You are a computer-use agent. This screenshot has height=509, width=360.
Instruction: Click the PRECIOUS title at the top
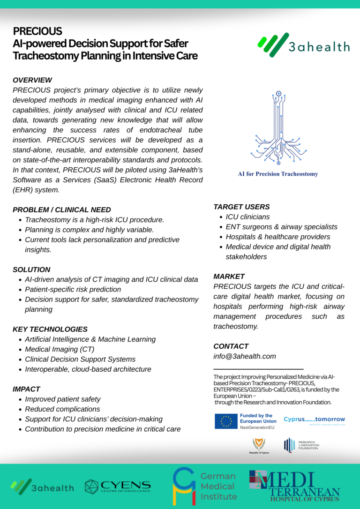(x=37, y=31)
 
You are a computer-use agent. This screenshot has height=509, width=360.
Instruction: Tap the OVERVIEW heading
(x=32, y=80)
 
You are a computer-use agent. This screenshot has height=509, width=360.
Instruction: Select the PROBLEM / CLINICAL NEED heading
(x=62, y=210)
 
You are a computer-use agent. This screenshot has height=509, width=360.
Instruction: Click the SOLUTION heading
(x=31, y=269)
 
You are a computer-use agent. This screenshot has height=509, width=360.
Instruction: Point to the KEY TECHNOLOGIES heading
(x=50, y=329)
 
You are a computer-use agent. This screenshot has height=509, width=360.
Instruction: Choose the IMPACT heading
(x=26, y=389)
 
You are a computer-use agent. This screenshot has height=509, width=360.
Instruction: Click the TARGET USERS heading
(x=241, y=207)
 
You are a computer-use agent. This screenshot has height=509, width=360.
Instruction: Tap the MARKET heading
(x=229, y=276)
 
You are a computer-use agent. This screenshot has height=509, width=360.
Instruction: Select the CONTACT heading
(x=231, y=346)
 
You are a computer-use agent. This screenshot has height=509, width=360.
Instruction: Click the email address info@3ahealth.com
(x=245, y=356)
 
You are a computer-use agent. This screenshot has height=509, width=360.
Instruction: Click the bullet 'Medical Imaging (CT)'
(x=60, y=349)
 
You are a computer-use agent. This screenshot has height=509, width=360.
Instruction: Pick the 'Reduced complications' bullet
(x=62, y=409)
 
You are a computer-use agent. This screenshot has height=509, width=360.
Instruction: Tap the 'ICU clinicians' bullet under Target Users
(x=247, y=217)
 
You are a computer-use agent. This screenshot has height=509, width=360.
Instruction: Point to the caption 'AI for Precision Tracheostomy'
(x=278, y=174)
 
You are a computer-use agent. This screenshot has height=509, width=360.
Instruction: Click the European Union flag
(x=226, y=421)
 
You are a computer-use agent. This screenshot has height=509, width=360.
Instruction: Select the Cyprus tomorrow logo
(x=314, y=420)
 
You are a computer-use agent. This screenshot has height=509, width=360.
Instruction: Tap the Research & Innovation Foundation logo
(x=301, y=445)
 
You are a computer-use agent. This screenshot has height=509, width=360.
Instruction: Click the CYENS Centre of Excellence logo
(x=118, y=486)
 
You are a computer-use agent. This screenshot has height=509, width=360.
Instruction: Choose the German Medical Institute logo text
(x=218, y=486)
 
